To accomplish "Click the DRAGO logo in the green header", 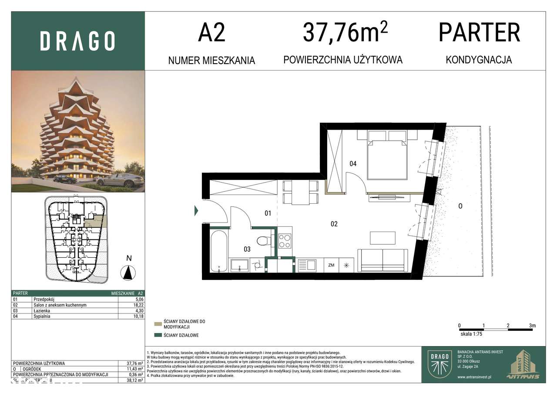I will click(x=77, y=41).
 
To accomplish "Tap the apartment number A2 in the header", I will click(x=211, y=33).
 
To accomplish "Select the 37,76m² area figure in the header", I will click(x=345, y=33).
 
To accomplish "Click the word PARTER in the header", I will click(x=479, y=33).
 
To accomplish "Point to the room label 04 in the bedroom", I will click(x=353, y=164).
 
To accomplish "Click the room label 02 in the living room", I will click(x=334, y=224).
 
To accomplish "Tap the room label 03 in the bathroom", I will click(x=247, y=249).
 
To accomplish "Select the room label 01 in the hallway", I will click(x=268, y=213).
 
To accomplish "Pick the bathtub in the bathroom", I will click(x=218, y=252).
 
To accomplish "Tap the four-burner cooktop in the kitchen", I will click(x=285, y=241).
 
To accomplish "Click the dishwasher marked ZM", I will click(x=331, y=265).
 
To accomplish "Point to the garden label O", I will click(x=460, y=206).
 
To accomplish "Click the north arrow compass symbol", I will click(x=128, y=273).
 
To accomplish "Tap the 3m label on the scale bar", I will click(x=532, y=326).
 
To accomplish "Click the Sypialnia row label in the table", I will click(x=42, y=317).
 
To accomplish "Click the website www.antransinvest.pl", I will click(x=478, y=377).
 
